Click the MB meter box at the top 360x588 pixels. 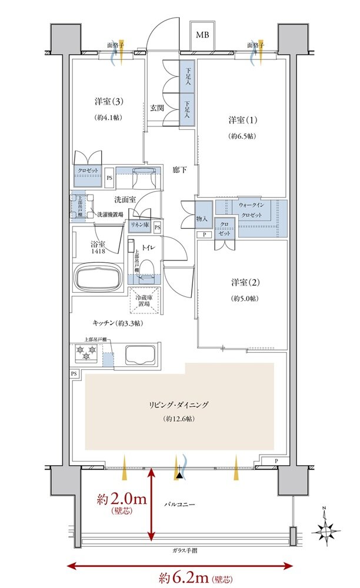point(202,35)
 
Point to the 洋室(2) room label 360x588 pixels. point(242,283)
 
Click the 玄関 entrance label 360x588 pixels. point(156,108)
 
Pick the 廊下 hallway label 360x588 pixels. point(179,170)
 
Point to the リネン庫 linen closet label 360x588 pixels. point(139,226)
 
